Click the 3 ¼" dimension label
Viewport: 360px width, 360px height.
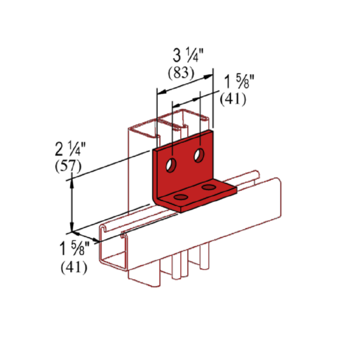[x=188, y=56]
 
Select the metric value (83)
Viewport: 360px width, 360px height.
[x=181, y=73]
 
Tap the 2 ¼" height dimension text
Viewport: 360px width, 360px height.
[x=70, y=149]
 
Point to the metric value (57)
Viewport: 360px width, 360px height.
[x=68, y=166]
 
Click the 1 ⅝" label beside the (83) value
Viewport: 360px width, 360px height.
[x=239, y=82]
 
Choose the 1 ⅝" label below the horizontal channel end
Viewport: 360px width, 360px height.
[x=74, y=248]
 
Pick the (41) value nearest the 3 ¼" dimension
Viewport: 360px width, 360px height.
[x=233, y=99]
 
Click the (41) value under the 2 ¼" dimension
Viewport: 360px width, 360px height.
[x=74, y=267]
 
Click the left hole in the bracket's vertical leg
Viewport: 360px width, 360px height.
[x=171, y=165]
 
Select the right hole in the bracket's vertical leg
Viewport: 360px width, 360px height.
[x=199, y=155]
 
